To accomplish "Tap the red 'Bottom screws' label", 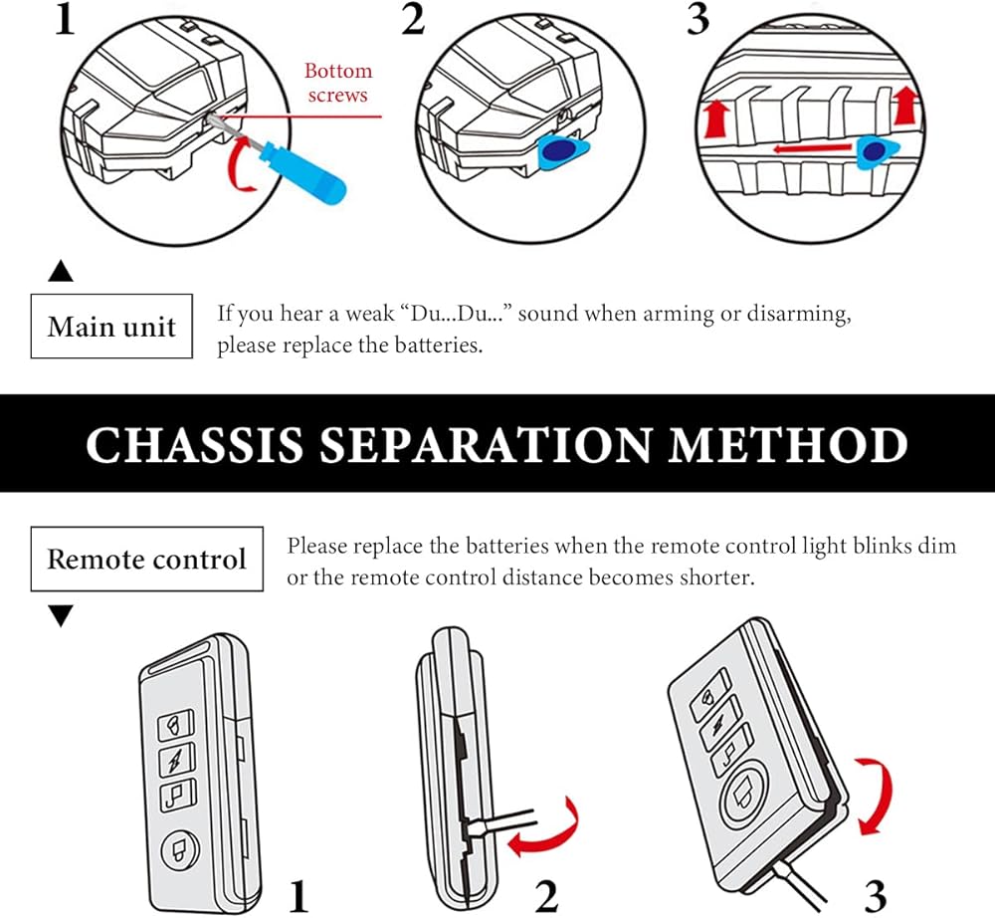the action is point(337,83).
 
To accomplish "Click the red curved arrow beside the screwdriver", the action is point(242,165).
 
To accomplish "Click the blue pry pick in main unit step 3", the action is point(877,152).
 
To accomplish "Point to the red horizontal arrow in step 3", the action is point(812,149).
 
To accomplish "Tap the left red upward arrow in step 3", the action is point(717,118).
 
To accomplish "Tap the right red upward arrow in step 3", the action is point(906,106).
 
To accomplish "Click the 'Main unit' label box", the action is point(111,327).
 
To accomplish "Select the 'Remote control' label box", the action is point(146,559).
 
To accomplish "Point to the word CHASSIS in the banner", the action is point(195,444).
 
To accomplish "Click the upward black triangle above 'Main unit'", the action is point(61,271).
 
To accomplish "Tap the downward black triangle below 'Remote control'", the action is point(61,615).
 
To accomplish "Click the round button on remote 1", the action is point(180,849).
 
